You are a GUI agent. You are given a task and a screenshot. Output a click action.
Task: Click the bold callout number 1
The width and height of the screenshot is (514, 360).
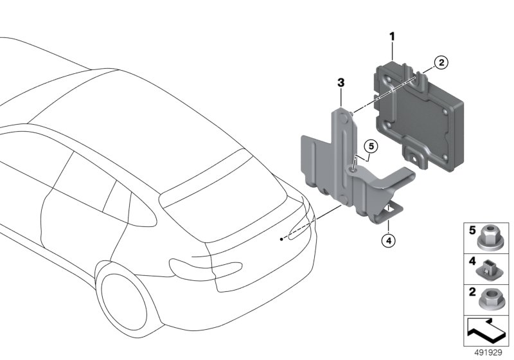tap(391, 37)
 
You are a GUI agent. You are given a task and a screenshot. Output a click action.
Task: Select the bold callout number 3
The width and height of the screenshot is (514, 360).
tap(341, 83)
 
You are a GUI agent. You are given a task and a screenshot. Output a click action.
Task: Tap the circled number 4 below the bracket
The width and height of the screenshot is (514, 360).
tap(387, 241)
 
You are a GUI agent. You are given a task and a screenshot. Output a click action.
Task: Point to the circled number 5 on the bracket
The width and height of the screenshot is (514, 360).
tap(371, 145)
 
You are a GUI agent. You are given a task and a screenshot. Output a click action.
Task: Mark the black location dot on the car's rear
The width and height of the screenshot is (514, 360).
tap(281, 239)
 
